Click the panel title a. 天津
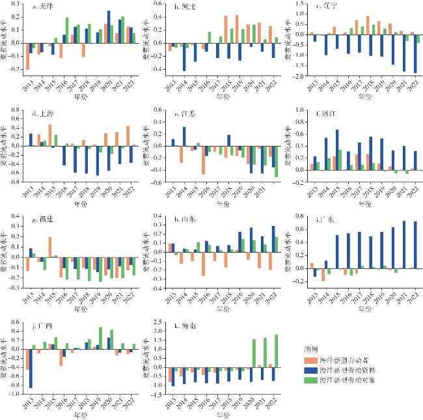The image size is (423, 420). click(44, 7)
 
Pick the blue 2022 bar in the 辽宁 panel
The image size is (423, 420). click(415, 58)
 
